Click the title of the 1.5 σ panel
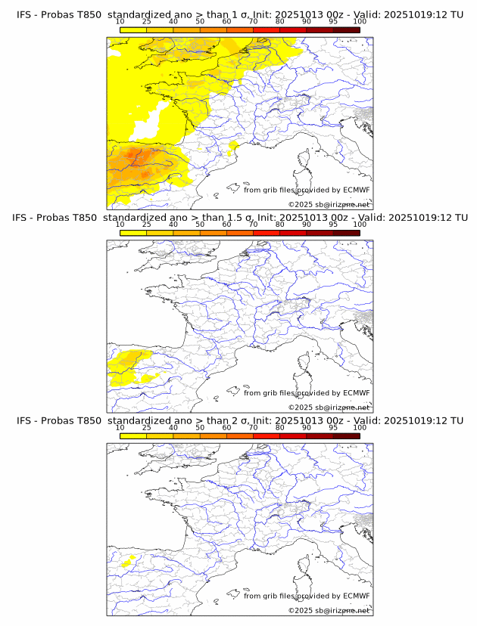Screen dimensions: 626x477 239,218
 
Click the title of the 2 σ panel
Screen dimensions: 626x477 239,421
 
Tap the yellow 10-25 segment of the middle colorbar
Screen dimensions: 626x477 133,233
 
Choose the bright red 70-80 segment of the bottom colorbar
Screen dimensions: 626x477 267,435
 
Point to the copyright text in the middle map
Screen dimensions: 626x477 329,407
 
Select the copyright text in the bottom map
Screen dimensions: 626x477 329,609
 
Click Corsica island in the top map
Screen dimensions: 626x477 306,160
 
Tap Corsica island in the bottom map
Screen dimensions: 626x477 306,566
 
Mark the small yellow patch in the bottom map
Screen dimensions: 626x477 126,561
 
